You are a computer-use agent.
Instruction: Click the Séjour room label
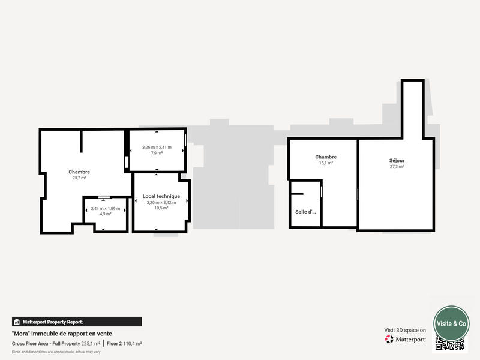tap(397, 160)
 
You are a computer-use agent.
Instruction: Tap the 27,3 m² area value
tap(397, 167)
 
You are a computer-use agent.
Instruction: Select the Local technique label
tap(161, 196)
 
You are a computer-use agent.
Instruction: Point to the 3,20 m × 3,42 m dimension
tap(161, 202)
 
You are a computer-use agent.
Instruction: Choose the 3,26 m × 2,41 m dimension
tap(157, 147)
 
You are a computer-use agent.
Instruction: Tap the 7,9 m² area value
tap(157, 153)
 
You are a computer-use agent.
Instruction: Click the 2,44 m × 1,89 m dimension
tap(106, 208)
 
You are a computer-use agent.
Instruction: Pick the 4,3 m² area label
tap(106, 214)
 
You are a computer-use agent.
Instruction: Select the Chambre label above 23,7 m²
tap(79, 172)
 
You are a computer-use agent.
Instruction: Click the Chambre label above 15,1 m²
tap(326, 157)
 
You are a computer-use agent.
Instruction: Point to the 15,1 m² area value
tap(326, 163)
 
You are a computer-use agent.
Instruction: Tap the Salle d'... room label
tap(305, 212)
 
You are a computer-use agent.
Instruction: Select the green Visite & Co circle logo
tap(451, 323)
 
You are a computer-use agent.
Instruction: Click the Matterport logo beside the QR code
tap(406, 339)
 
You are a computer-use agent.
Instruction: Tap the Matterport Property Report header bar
tap(77, 322)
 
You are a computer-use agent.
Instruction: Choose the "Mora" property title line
tap(62, 334)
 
